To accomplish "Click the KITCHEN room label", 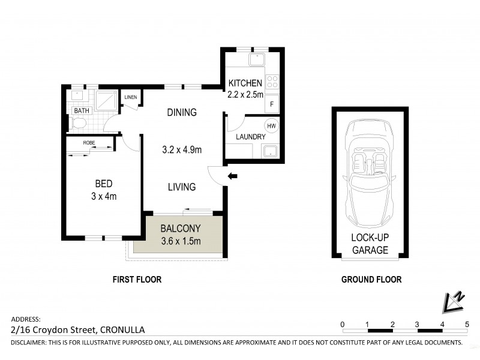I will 244,83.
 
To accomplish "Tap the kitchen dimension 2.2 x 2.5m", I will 245,94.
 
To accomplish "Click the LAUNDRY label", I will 251,137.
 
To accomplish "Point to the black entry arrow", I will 233,176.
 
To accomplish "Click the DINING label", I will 182,112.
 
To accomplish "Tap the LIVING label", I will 182,187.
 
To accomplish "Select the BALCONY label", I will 180,229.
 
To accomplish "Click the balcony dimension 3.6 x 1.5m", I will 180,241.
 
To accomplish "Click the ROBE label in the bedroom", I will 89,143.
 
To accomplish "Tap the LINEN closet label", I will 130,97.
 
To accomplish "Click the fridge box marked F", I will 272,104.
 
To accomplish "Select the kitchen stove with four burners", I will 272,81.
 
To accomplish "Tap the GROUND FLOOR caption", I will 371,280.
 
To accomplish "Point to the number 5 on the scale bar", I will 467,324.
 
